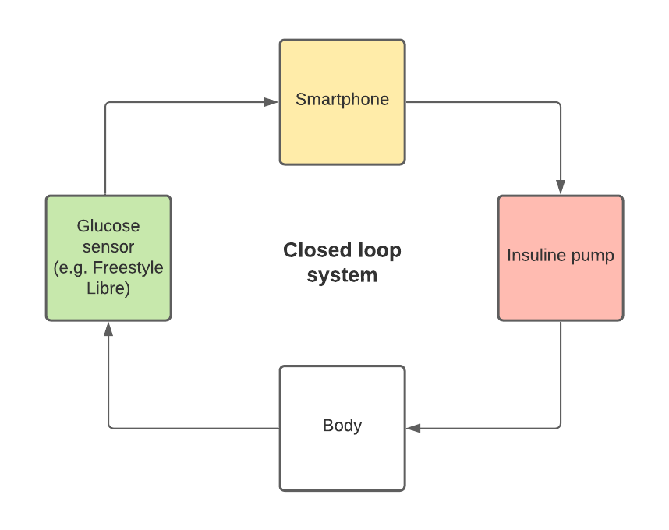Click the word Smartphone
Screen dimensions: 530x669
click(x=342, y=100)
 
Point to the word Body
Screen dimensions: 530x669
click(x=342, y=426)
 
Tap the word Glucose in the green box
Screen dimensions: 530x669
click(x=108, y=226)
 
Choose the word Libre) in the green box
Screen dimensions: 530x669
click(x=108, y=289)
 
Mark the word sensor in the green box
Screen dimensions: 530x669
click(x=108, y=247)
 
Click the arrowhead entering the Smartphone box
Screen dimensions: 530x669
click(x=271, y=102)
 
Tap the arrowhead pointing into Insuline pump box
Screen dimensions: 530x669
click(x=560, y=187)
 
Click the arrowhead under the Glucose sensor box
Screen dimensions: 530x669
click(x=108, y=329)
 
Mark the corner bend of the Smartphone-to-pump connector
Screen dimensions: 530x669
click(x=559, y=103)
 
